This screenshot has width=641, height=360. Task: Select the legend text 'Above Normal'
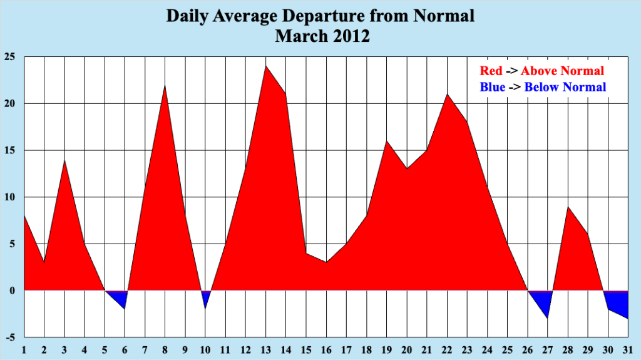coord(562,71)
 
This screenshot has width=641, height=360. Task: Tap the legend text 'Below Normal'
coord(565,87)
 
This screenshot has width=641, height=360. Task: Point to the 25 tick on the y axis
coord(9,57)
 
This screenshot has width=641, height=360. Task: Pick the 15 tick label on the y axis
coord(9,151)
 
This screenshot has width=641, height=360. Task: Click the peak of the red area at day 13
coord(265,67)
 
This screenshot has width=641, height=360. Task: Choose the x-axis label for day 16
coord(326,349)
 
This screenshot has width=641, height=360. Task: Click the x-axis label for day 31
coord(627,349)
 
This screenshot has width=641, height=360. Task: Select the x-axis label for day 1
coord(24,349)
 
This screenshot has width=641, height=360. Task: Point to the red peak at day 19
coord(386,143)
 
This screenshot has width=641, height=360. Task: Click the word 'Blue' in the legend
coord(492,87)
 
